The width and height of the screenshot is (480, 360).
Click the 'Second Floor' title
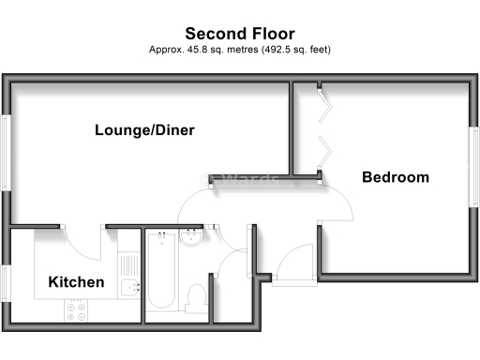click(x=240, y=34)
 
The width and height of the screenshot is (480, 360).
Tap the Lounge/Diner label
click(x=144, y=130)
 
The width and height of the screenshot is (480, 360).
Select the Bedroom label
click(x=396, y=177)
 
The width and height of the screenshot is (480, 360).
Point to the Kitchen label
click(x=76, y=282)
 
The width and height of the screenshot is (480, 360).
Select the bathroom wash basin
click(x=190, y=240)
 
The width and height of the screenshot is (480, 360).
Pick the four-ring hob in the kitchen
click(x=75, y=310)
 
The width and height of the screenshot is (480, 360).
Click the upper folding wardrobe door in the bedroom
click(x=322, y=105)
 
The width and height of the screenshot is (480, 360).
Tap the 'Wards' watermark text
click(x=246, y=180)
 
